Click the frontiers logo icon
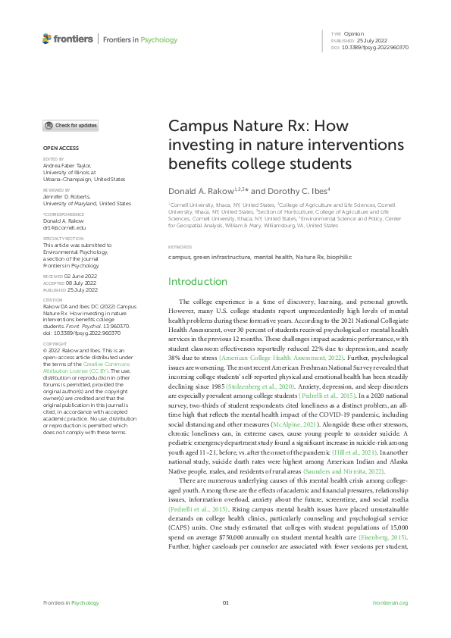[47, 39]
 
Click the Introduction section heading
[197, 282]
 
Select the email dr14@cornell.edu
[64, 227]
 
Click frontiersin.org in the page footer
[391, 602]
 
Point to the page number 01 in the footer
[225, 602]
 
